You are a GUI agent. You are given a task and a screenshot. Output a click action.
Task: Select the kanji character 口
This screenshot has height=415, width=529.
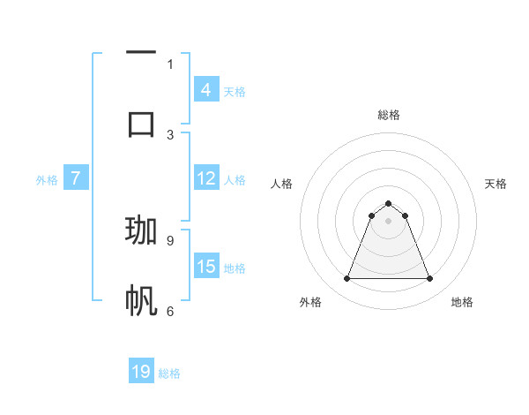pyautogui.click(x=141, y=123)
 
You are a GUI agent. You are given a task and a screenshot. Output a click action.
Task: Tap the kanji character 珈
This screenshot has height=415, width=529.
pyautogui.click(x=141, y=230)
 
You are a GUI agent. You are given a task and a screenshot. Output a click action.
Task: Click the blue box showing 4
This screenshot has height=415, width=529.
pyautogui.click(x=205, y=90)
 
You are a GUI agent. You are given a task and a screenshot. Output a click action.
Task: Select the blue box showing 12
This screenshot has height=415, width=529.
pyautogui.click(x=205, y=178)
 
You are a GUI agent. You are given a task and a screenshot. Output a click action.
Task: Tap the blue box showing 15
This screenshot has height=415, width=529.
pyautogui.click(x=205, y=267)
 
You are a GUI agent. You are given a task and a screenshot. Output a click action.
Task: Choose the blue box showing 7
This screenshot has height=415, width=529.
pyautogui.click(x=76, y=178)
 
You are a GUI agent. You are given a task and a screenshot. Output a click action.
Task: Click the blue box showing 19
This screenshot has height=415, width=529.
pyautogui.click(x=141, y=372)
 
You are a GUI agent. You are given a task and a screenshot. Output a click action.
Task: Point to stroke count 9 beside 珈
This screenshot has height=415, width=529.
pyautogui.click(x=170, y=239)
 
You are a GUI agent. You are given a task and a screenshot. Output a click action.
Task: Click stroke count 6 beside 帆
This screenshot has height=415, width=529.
pyautogui.click(x=170, y=311)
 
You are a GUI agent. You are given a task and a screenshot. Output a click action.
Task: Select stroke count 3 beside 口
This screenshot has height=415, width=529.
pyautogui.click(x=170, y=134)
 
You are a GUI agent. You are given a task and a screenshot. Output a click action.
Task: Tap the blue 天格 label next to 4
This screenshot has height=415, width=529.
pyautogui.click(x=235, y=91)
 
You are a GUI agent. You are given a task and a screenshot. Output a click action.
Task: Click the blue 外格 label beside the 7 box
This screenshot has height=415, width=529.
pyautogui.click(x=47, y=179)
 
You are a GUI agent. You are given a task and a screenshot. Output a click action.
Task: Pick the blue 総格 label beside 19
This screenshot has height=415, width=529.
pyautogui.click(x=169, y=373)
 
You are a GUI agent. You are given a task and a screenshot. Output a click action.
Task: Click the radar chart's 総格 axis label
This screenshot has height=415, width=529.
pyautogui.click(x=389, y=115)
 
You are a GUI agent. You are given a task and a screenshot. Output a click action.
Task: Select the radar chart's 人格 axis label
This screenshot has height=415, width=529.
pyautogui.click(x=281, y=184)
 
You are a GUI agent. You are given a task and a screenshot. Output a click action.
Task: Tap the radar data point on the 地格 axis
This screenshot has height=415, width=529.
pyautogui.click(x=430, y=279)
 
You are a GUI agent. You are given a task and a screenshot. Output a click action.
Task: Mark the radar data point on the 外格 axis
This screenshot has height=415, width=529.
pyautogui.click(x=346, y=279)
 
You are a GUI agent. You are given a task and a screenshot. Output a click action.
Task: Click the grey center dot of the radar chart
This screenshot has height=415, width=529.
pyautogui.click(x=389, y=221)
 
